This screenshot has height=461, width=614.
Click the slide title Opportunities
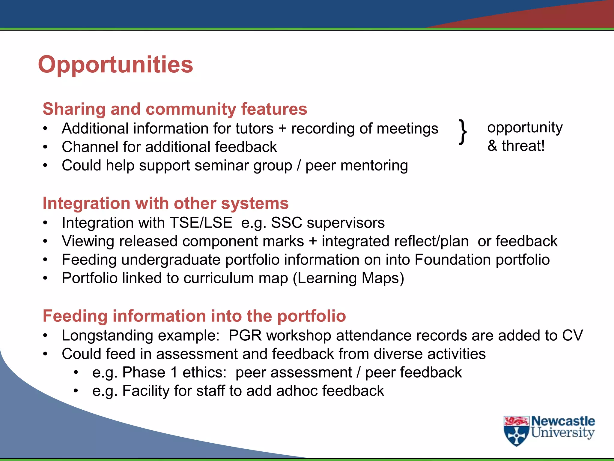pos(115,65)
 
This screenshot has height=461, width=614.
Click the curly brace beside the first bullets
pos(463,132)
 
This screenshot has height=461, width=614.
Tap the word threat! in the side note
pos(523,146)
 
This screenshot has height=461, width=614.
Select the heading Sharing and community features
pos(175,109)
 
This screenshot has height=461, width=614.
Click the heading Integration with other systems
pos(165,203)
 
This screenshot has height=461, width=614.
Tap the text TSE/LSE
pos(201,223)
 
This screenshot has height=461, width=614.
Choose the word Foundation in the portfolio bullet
pos(452,260)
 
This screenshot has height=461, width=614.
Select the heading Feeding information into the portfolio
pos(194,316)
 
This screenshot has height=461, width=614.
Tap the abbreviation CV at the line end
pos(572,335)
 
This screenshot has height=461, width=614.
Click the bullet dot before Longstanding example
pos(45,336)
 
